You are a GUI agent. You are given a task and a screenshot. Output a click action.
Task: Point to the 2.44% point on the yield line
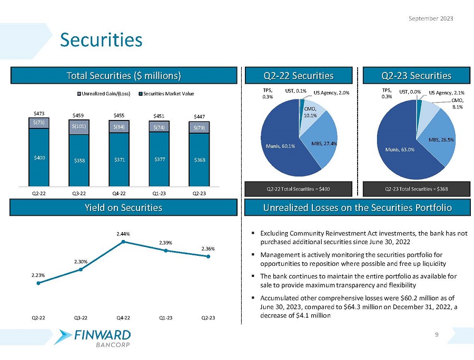(x=123, y=242)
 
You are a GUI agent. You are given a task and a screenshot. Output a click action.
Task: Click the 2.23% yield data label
(x=38, y=274)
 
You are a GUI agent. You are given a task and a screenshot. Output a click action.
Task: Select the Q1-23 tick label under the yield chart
(x=165, y=317)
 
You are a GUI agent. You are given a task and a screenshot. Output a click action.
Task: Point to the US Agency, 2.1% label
(x=446, y=92)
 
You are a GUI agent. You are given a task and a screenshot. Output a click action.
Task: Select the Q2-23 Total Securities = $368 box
(x=414, y=188)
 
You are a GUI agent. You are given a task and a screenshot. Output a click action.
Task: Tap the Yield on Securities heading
(x=123, y=208)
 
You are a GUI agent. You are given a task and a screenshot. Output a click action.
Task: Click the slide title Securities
(x=101, y=39)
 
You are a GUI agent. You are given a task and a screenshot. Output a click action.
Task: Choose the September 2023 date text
(x=431, y=18)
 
